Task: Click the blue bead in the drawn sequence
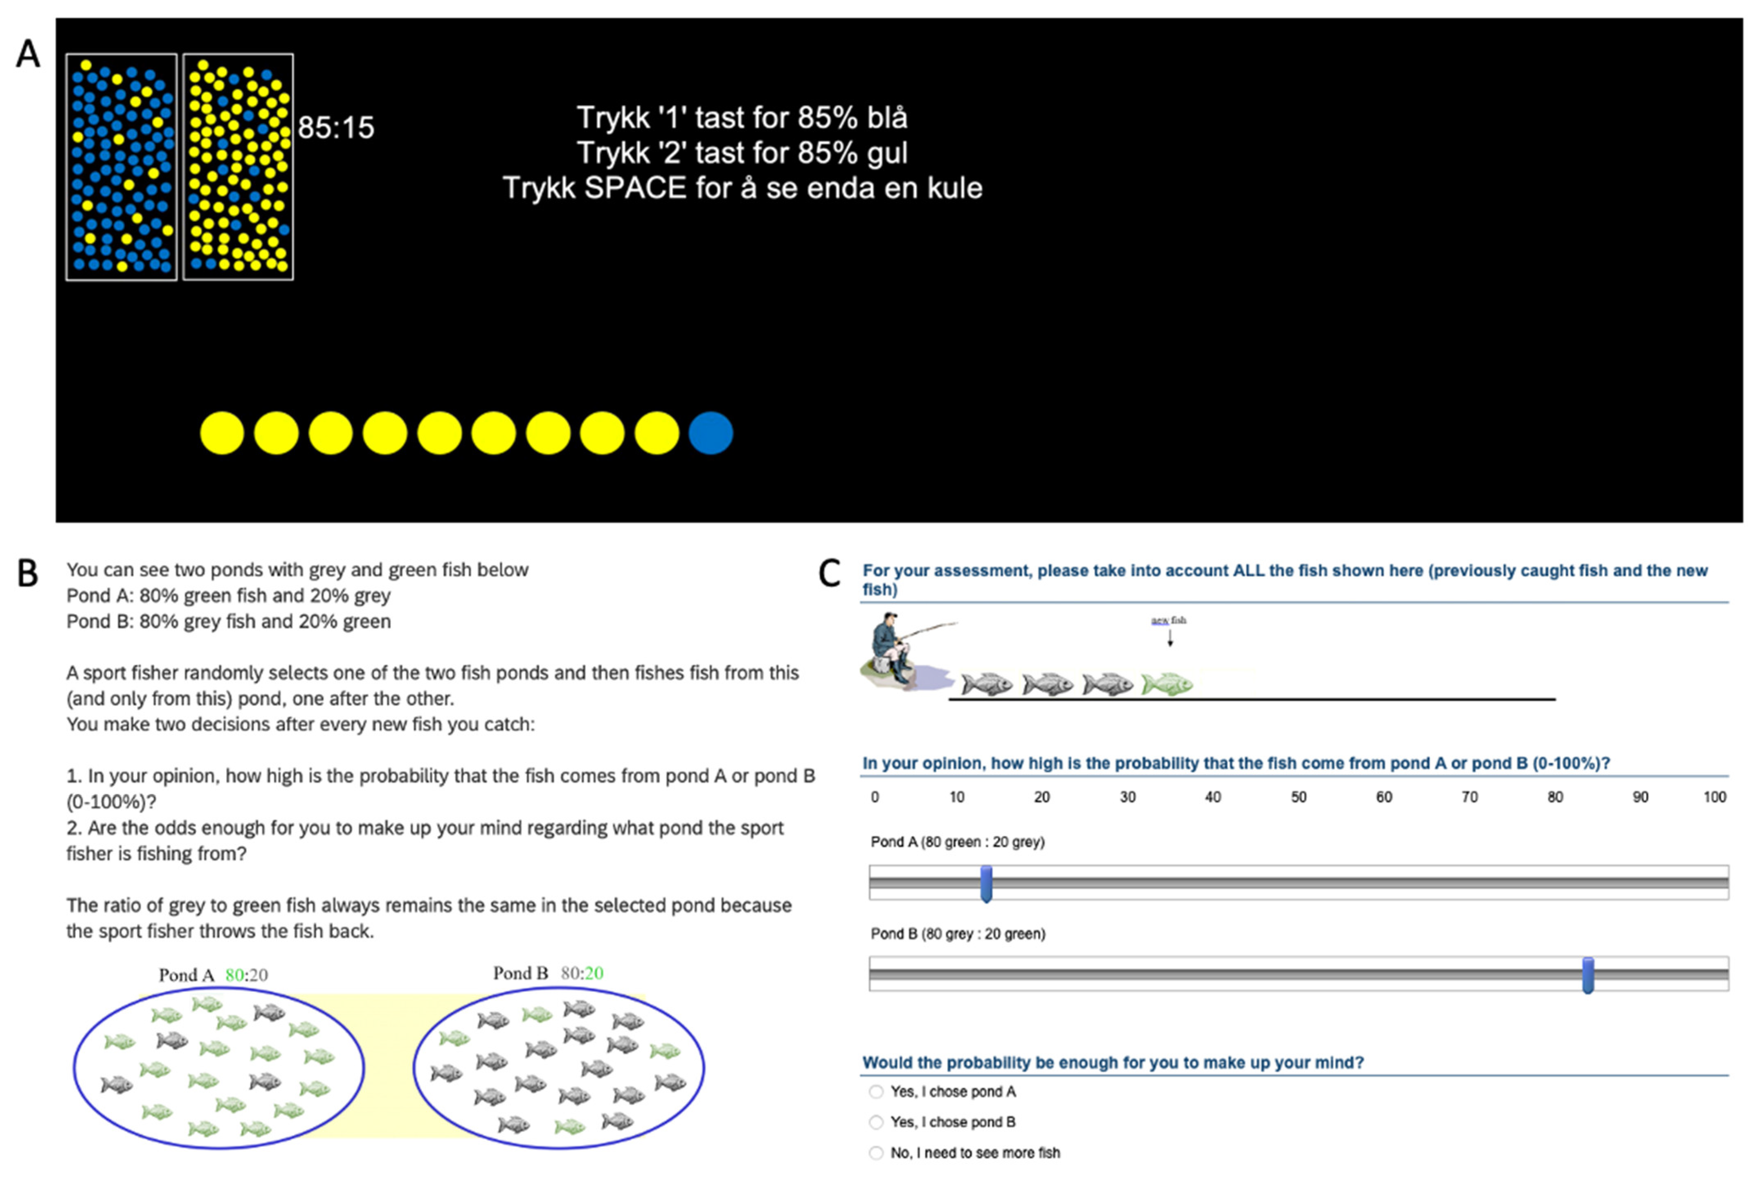click(x=710, y=433)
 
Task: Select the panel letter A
click(x=28, y=54)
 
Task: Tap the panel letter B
click(x=28, y=574)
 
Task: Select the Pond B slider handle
click(x=1588, y=975)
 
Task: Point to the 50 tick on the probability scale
click(x=1298, y=797)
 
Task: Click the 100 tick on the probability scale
click(x=1714, y=797)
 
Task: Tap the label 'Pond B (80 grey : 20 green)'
click(x=958, y=934)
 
